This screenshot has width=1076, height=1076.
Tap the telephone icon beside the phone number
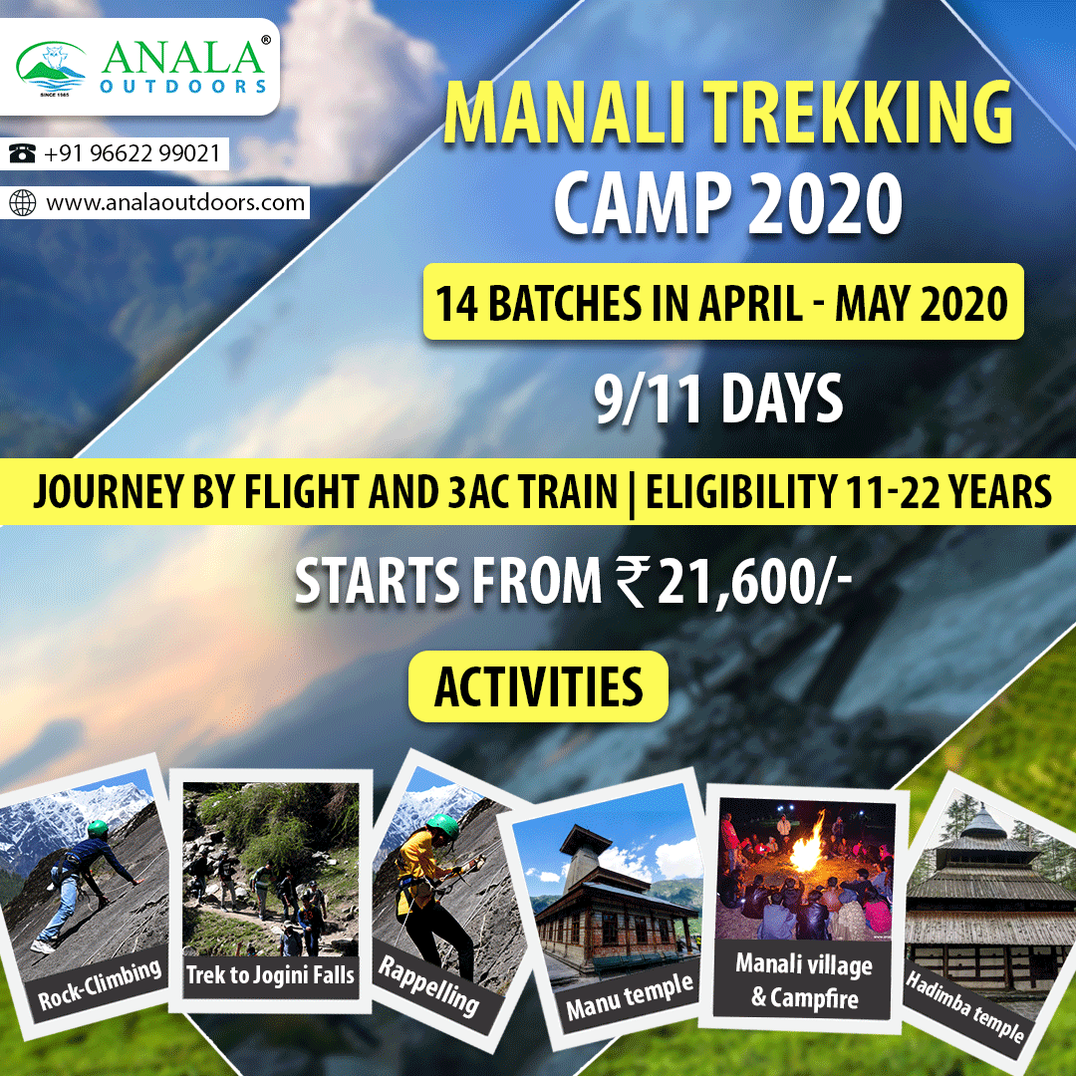[x=22, y=152]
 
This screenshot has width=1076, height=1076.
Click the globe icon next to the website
[x=22, y=203]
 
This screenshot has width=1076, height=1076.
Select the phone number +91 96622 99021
[x=133, y=152]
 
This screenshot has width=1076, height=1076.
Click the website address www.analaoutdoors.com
[x=175, y=203]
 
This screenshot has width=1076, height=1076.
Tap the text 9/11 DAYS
[x=718, y=398]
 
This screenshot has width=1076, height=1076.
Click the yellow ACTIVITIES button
[x=539, y=686]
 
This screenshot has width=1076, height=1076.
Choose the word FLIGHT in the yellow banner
[x=316, y=492]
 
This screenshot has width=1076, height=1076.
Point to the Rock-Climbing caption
[x=100, y=984]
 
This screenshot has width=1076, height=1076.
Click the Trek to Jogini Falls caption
[x=270, y=974]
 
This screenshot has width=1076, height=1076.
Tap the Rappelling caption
[x=428, y=985]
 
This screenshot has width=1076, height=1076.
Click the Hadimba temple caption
[x=964, y=1004]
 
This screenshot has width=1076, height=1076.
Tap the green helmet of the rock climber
[x=98, y=828]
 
